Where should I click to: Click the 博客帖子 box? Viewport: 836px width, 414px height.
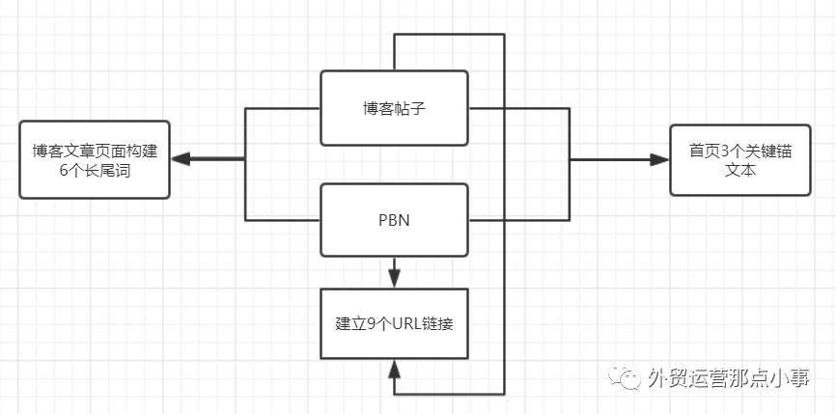tap(394, 107)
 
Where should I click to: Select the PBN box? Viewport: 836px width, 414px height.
tap(394, 220)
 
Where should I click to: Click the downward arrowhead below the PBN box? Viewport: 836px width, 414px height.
tap(394, 278)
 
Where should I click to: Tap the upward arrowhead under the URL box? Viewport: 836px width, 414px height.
tap(394, 370)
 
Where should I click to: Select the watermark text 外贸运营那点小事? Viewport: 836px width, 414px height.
tap(729, 378)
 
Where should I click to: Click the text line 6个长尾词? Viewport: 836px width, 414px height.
tap(95, 170)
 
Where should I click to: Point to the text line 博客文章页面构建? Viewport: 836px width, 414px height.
tap(95, 151)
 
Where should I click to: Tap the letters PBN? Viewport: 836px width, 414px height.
tap(394, 220)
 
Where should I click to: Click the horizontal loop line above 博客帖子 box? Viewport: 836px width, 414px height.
tap(449, 35)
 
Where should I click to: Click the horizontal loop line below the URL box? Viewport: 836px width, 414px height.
tap(449, 394)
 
